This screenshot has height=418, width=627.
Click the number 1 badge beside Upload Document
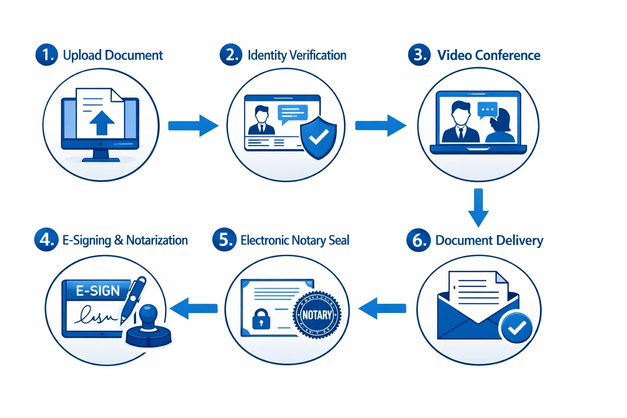[47, 55]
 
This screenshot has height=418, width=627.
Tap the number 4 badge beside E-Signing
[46, 240]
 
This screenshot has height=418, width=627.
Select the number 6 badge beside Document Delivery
[418, 240]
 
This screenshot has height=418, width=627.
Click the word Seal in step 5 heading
[339, 240]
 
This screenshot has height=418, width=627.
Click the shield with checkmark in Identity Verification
[318, 138]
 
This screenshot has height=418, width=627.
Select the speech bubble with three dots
[488, 110]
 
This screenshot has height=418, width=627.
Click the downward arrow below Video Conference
[478, 207]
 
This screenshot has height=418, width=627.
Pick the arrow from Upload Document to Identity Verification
[193, 126]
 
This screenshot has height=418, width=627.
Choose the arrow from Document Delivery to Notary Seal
[382, 308]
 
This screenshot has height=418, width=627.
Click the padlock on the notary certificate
[261, 319]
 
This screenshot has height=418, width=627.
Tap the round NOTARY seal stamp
[317, 315]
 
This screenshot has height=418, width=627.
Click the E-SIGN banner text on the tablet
[98, 291]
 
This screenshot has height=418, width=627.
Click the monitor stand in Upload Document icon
[101, 156]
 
